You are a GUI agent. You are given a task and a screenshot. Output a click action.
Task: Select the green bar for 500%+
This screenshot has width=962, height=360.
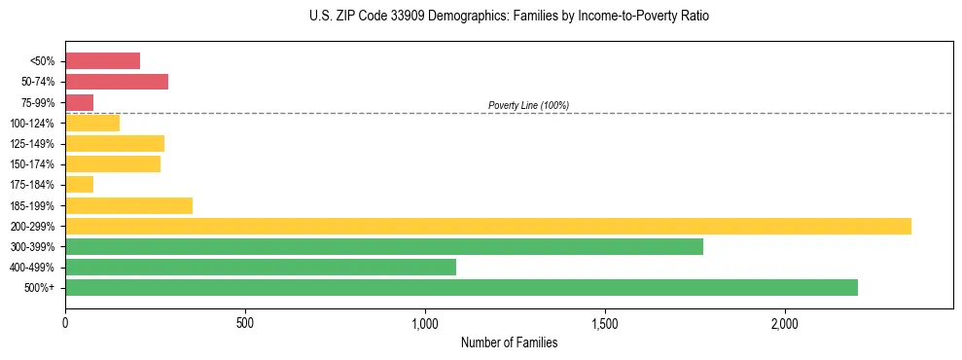coord(461,287)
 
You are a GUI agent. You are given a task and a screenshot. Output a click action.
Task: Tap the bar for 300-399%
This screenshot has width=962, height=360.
coord(384,246)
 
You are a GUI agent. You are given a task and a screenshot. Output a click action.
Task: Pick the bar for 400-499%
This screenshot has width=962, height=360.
coord(261,267)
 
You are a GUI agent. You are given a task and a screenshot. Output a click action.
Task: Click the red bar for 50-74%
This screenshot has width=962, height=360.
coord(117,81)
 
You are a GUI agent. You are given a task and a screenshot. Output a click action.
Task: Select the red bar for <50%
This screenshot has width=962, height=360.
coord(103,60)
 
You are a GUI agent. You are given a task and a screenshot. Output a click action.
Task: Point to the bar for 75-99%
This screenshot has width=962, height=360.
coord(80,102)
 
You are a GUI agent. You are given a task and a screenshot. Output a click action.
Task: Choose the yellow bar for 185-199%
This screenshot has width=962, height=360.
coord(129,205)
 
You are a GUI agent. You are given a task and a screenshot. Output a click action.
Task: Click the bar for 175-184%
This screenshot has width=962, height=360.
coord(80,184)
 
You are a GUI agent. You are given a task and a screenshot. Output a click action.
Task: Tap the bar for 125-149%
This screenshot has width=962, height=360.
coord(115,143)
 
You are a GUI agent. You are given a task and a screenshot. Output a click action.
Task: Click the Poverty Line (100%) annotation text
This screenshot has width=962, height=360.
coord(528,105)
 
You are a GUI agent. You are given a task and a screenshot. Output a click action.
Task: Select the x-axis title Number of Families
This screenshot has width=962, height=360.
coord(509,342)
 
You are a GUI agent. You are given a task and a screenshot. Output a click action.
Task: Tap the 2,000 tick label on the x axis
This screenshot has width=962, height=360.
coord(785,322)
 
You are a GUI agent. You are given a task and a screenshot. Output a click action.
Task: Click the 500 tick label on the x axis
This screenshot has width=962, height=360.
coord(245,322)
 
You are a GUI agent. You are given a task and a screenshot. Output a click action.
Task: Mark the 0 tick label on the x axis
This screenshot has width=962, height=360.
coord(65,322)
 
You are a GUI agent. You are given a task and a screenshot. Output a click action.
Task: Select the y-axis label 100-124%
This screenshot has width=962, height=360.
coord(32,123)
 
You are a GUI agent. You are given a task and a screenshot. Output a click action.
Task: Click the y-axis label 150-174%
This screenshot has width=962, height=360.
coord(32,164)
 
